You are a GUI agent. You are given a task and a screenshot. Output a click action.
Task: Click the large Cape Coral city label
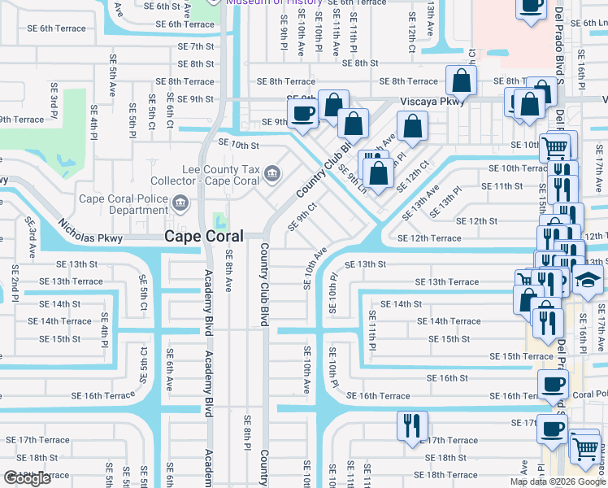pyautogui.click(x=204, y=236)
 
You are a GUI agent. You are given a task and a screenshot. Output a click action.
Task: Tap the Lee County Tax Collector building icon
pyautogui.click(x=272, y=172)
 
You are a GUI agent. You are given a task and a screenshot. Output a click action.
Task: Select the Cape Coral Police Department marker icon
pyautogui.click(x=180, y=202)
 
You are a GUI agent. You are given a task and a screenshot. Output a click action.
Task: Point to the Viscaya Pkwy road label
pyautogui.click(x=432, y=102)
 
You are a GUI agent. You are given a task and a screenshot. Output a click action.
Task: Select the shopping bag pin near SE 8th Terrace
pyautogui.click(x=461, y=81)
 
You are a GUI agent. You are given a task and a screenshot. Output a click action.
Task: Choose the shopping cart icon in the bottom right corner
pyautogui.click(x=584, y=448)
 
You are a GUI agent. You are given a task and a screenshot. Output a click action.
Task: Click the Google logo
pyautogui.click(x=27, y=478)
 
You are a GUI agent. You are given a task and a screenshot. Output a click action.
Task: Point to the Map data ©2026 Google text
pyautogui.click(x=557, y=481)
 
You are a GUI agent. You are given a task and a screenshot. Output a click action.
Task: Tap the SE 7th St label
pyautogui.click(x=196, y=46)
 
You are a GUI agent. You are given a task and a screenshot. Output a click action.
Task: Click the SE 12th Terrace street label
pyautogui.click(x=429, y=238)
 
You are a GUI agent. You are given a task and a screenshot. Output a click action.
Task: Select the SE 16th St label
pyautogui.click(x=448, y=378)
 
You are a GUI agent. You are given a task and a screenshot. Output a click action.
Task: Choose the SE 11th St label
pyautogui.click(x=502, y=186)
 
